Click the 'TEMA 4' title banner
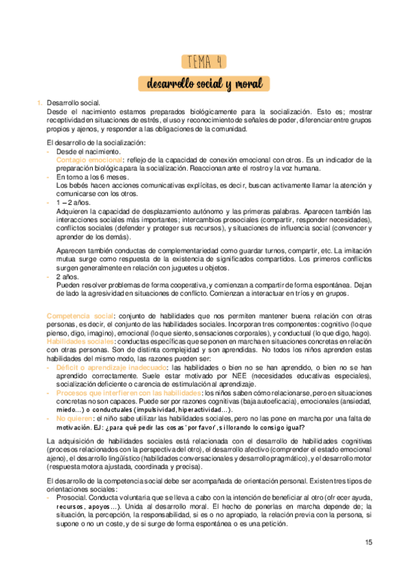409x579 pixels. pyautogui.click(x=204, y=61)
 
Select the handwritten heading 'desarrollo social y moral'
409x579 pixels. pyautogui.click(x=204, y=84)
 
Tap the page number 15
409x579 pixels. pyautogui.click(x=369, y=543)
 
